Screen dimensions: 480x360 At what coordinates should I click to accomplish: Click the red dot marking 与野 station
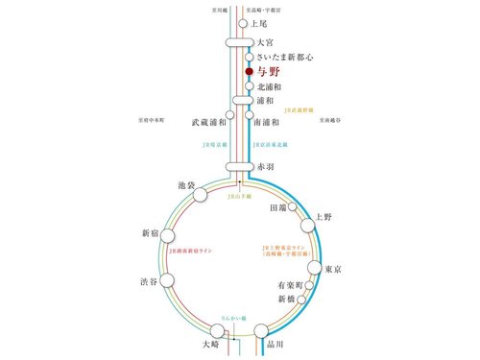point(249,71)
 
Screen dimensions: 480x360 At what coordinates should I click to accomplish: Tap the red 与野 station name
point(268,71)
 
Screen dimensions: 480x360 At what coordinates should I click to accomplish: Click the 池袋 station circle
point(201,195)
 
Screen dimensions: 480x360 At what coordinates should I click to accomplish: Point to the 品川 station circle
point(261,331)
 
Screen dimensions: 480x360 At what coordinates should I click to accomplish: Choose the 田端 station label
point(277,206)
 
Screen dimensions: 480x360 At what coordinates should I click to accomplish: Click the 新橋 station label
point(278,300)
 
